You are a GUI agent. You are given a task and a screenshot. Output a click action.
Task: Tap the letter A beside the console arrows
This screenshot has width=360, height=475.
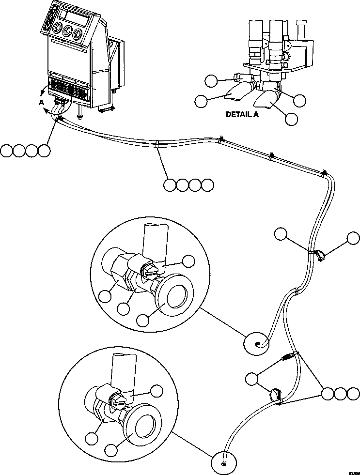click(x=42, y=102)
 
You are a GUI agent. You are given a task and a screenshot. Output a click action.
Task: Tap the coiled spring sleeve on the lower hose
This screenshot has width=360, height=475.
click(x=288, y=358)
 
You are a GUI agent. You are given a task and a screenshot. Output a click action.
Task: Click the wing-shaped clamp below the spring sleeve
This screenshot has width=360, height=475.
click(x=275, y=395)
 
